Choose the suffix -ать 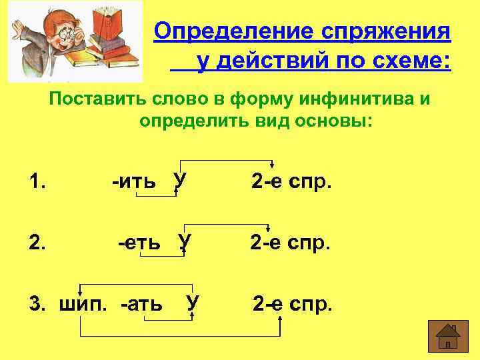(141, 305)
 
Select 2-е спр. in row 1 (291, 181)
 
